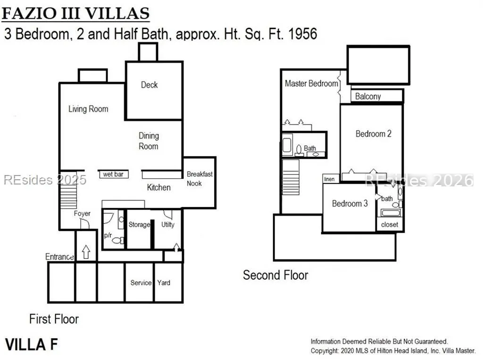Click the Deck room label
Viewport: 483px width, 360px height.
[x=150, y=85]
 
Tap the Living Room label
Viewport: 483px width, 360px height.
[x=88, y=109]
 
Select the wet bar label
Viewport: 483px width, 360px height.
[x=113, y=174]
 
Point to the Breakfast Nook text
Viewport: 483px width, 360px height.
[x=200, y=179]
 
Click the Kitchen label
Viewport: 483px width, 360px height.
[x=158, y=187]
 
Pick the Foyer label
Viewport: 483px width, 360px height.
[x=82, y=214]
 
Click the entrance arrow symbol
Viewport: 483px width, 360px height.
[x=86, y=252]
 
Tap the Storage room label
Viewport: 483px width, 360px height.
[x=139, y=225]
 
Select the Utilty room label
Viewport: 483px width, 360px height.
[x=168, y=225]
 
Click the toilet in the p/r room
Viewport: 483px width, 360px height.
[x=118, y=240]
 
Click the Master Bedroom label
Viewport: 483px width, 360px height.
[x=311, y=84]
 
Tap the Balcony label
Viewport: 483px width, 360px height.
[x=368, y=96]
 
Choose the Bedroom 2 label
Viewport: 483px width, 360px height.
[x=374, y=134]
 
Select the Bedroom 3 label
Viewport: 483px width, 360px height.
[x=350, y=203]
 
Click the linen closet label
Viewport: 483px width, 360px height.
[x=329, y=179]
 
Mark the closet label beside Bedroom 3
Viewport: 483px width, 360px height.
[x=390, y=225]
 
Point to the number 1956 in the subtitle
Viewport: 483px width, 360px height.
[x=303, y=34]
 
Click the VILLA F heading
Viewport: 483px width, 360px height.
[x=32, y=344]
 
